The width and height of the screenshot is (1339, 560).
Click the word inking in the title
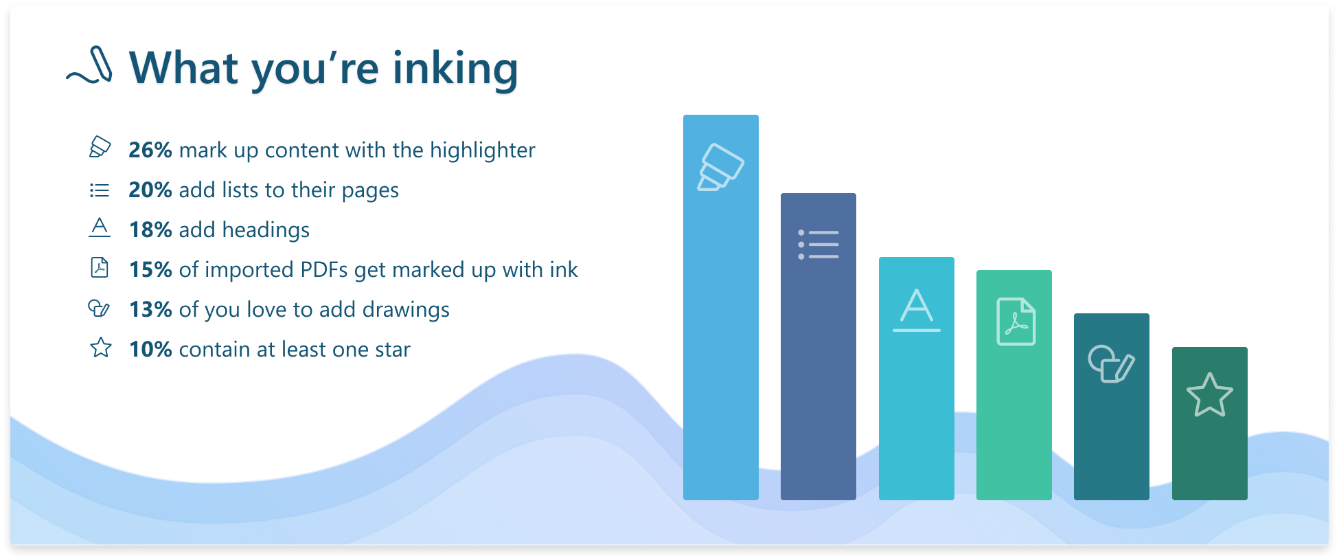[455, 69]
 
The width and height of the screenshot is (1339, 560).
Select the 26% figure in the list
[150, 150]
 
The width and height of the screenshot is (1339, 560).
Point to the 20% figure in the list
[150, 190]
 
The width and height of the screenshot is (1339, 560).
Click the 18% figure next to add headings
[150, 229]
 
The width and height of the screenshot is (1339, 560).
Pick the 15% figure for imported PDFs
[150, 269]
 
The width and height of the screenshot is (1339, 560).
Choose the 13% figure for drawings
[150, 309]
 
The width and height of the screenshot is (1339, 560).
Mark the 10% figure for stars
[150, 349]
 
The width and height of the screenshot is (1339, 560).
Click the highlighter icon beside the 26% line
[100, 146]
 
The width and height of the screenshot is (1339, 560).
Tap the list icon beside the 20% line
[100, 190]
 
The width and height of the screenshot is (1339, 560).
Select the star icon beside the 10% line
[101, 347]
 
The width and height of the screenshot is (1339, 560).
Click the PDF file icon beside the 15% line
[100, 267]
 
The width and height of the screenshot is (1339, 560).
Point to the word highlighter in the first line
[483, 150]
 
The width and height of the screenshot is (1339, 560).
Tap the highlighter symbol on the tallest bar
[721, 167]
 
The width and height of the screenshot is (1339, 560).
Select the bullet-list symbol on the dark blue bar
[819, 245]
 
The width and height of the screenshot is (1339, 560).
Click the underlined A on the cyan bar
[917, 311]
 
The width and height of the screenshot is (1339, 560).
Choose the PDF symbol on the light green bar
[1016, 322]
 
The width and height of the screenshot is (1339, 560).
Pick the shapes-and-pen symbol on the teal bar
[1112, 363]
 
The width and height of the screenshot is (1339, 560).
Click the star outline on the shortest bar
[1210, 395]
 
